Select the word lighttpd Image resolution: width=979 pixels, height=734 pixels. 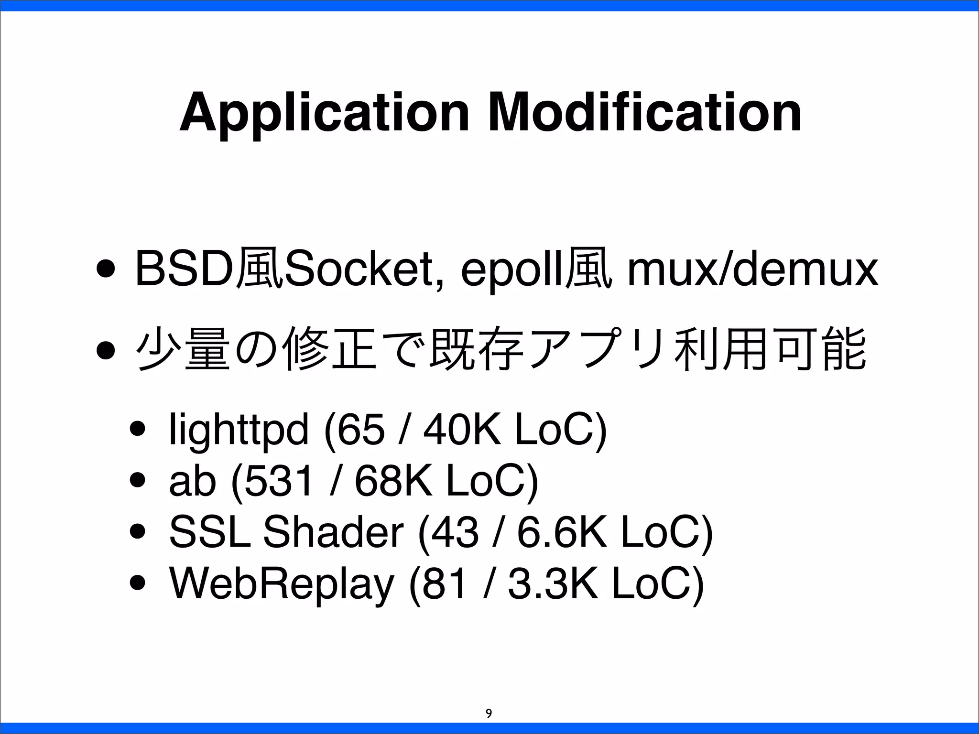(x=239, y=431)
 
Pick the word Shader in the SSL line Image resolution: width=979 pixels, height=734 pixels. (x=333, y=533)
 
